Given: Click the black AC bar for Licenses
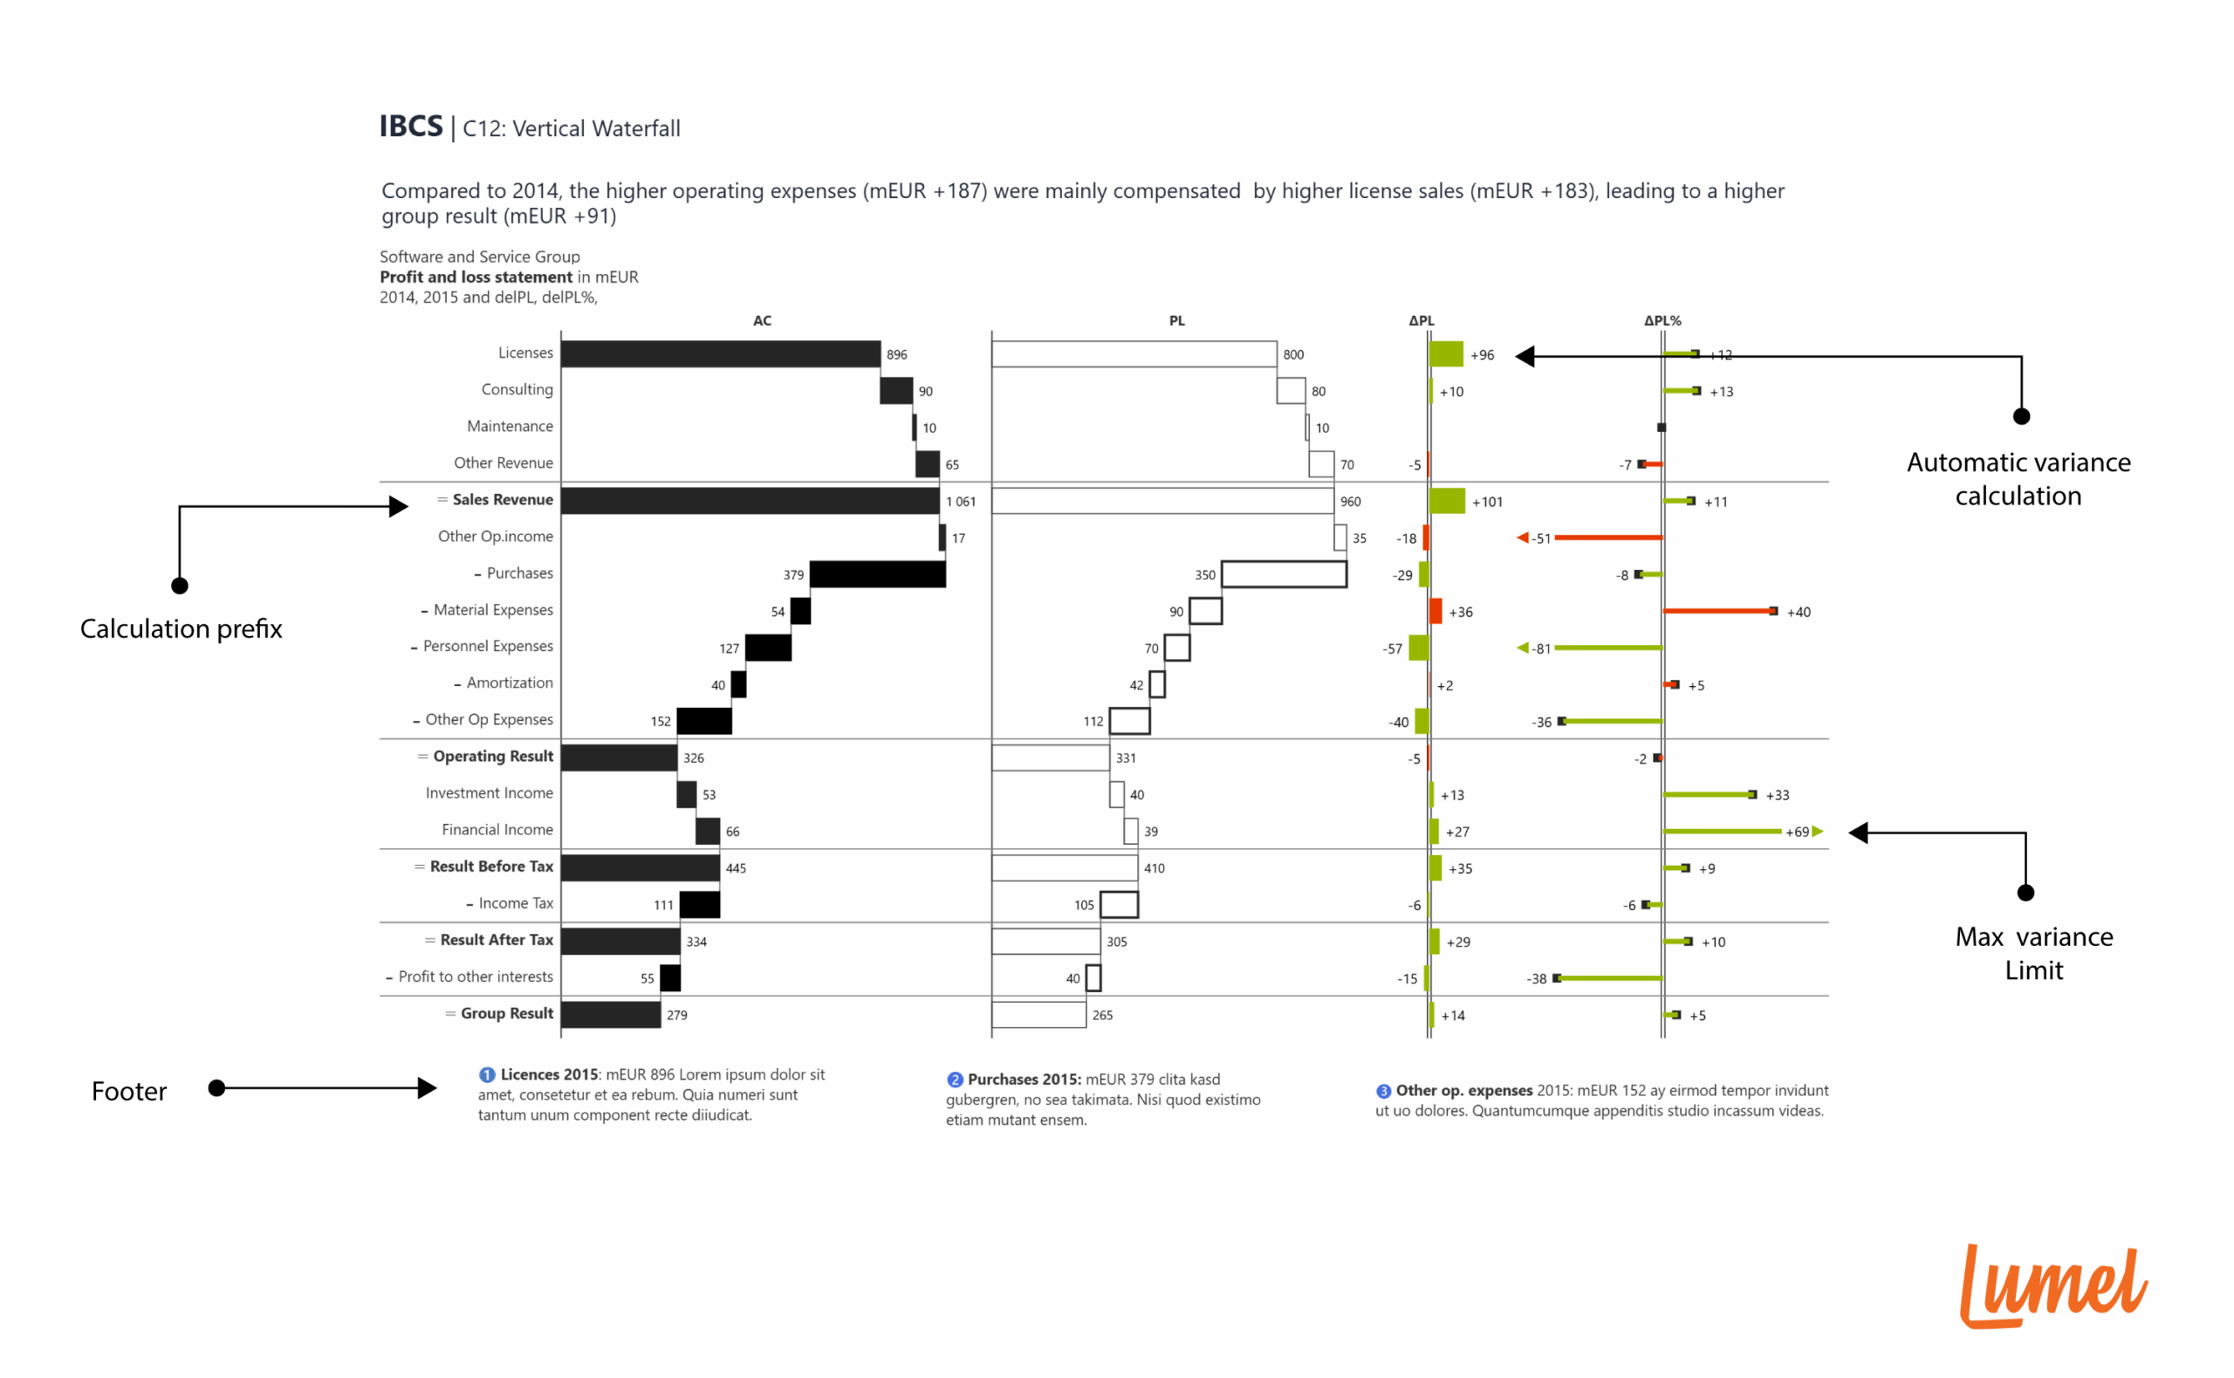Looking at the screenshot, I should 720,353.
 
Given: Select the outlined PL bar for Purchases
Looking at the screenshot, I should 1283,574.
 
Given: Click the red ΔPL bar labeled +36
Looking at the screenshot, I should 1435,611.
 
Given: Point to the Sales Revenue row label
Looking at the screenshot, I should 502,499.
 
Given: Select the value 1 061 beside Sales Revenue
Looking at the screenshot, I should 960,501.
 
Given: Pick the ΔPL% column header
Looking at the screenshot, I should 1662,321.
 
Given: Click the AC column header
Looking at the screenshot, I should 762,321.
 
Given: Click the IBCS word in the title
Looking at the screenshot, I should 411,127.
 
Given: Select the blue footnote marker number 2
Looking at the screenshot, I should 954,1080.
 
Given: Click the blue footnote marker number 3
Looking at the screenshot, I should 1383,1091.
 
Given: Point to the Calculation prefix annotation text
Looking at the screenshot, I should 182,629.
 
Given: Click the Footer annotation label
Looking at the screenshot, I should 128,1092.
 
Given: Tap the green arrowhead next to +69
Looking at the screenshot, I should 1818,831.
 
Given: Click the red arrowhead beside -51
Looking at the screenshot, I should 1522,538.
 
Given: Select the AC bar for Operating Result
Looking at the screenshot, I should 619,758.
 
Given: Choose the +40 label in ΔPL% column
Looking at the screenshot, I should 1798,613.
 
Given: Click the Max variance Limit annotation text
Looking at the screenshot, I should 2033,953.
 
